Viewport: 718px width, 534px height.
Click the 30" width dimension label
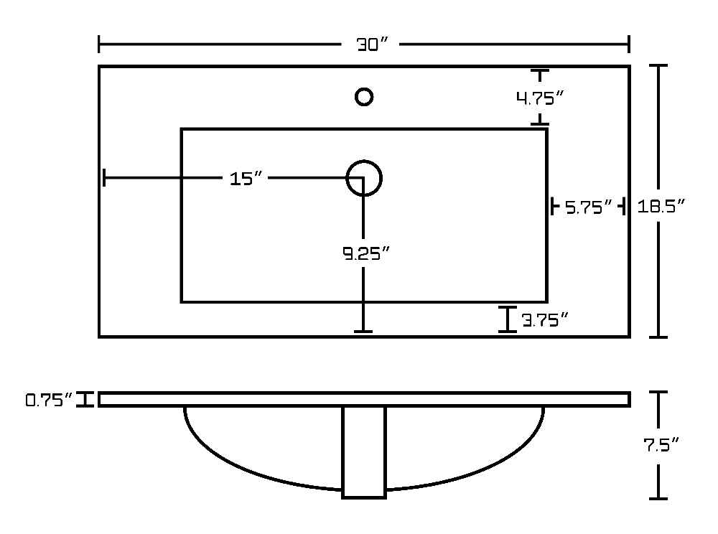372,44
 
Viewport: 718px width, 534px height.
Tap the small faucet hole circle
364,90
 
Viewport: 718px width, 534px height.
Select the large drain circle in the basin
348,178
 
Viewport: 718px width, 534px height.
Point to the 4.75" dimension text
540,98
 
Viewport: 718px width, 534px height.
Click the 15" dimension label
246,179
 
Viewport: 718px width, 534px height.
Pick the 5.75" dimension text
589,207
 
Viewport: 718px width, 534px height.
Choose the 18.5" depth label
661,207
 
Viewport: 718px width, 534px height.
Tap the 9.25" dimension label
366,253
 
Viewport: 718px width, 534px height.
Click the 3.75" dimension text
545,320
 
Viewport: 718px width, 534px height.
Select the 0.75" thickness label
49,400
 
